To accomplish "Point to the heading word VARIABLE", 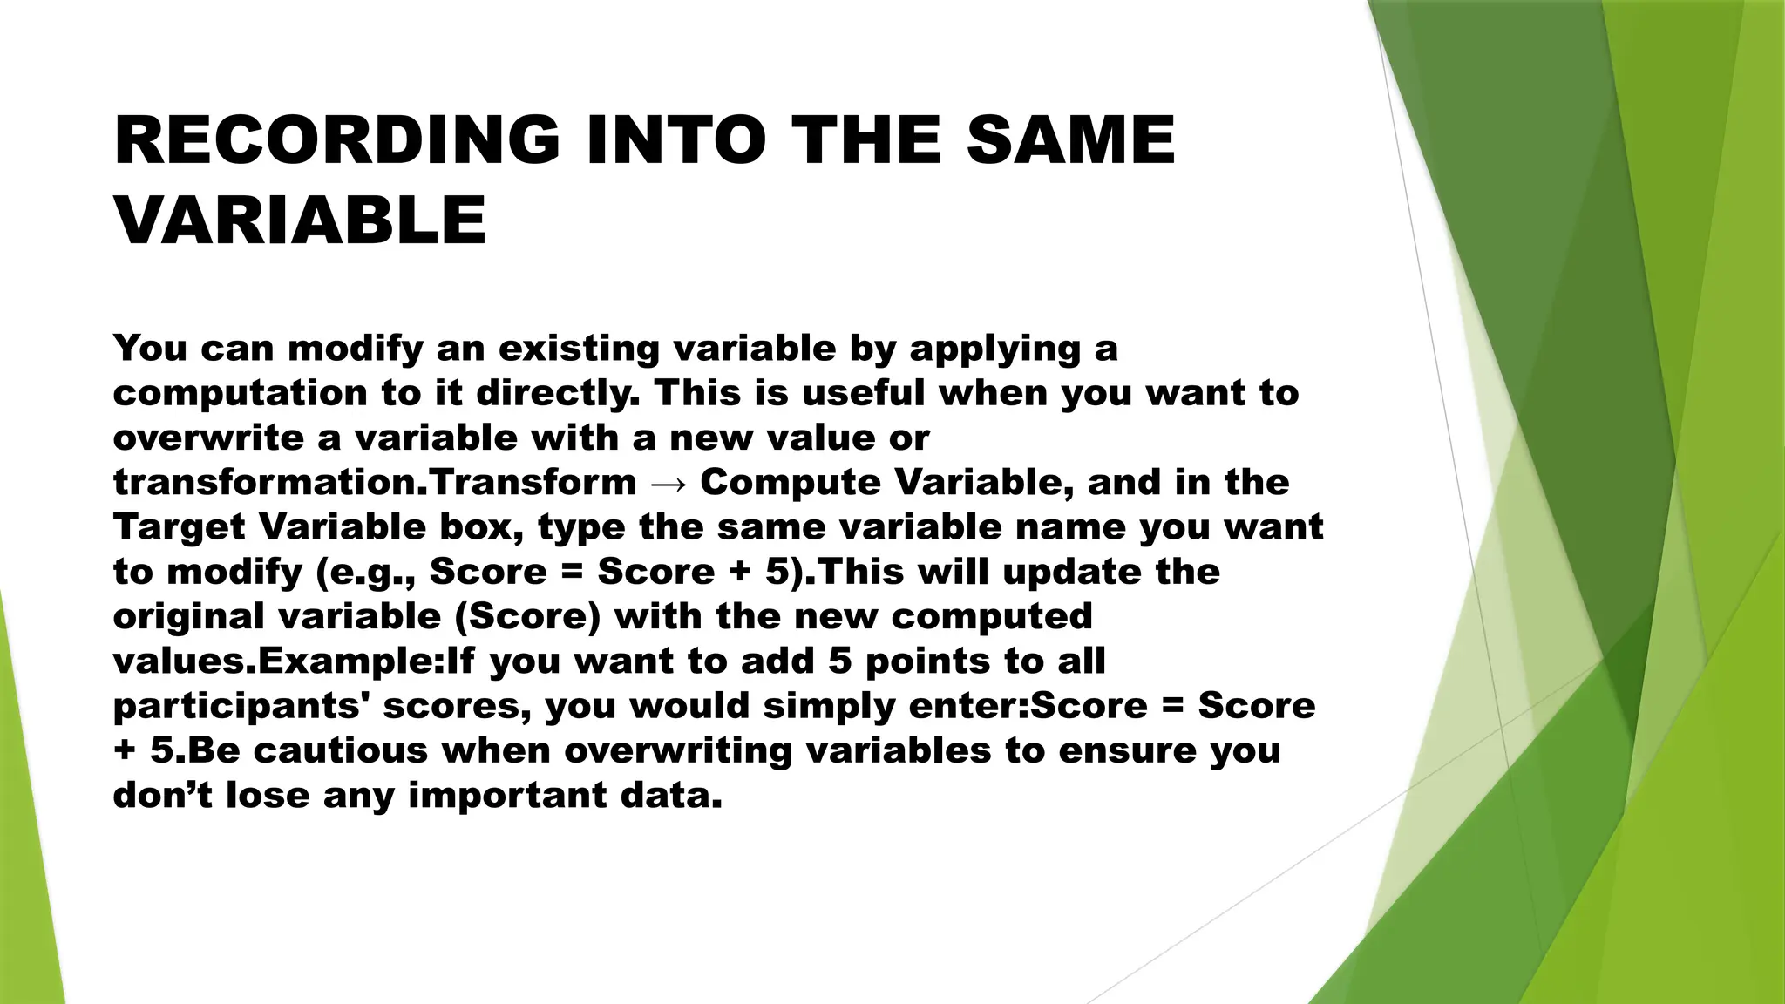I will (x=300, y=220).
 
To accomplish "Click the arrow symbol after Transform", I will (x=669, y=483).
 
